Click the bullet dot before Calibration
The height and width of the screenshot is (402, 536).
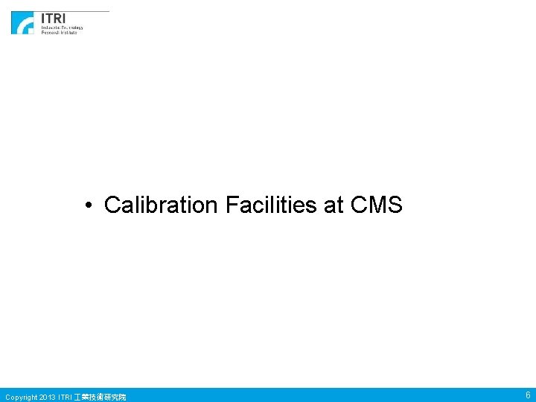[x=88, y=205]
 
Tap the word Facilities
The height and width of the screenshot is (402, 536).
[x=271, y=205]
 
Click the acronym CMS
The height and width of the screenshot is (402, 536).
[x=376, y=205]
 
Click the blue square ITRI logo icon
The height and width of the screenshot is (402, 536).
[x=22, y=23]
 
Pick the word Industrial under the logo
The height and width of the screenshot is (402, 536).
[x=50, y=28]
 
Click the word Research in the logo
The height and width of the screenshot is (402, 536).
[x=50, y=33]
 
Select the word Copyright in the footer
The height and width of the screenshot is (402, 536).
[x=20, y=397]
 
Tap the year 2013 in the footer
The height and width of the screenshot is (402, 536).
[x=47, y=397]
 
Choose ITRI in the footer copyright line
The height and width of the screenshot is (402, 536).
[x=66, y=397]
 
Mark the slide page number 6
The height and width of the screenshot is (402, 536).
[x=527, y=395]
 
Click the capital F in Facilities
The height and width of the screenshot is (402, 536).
[x=231, y=205]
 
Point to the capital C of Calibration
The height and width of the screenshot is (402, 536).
[x=112, y=205]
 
